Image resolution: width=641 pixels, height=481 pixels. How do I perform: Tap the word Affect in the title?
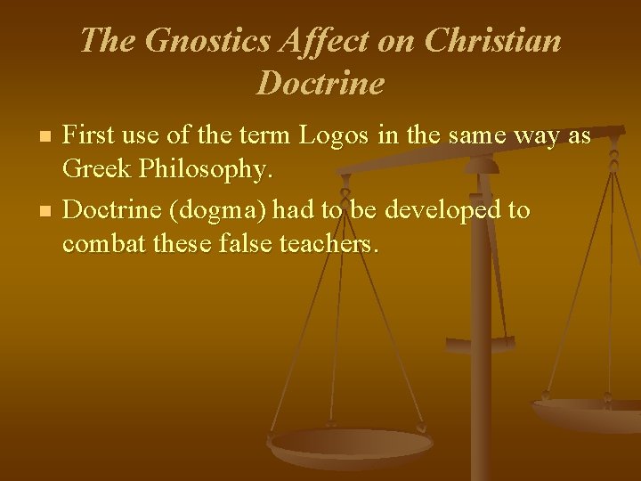[322, 42]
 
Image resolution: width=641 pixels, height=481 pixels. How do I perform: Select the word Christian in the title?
[494, 42]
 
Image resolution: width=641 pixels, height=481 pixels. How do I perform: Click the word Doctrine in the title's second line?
[320, 84]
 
